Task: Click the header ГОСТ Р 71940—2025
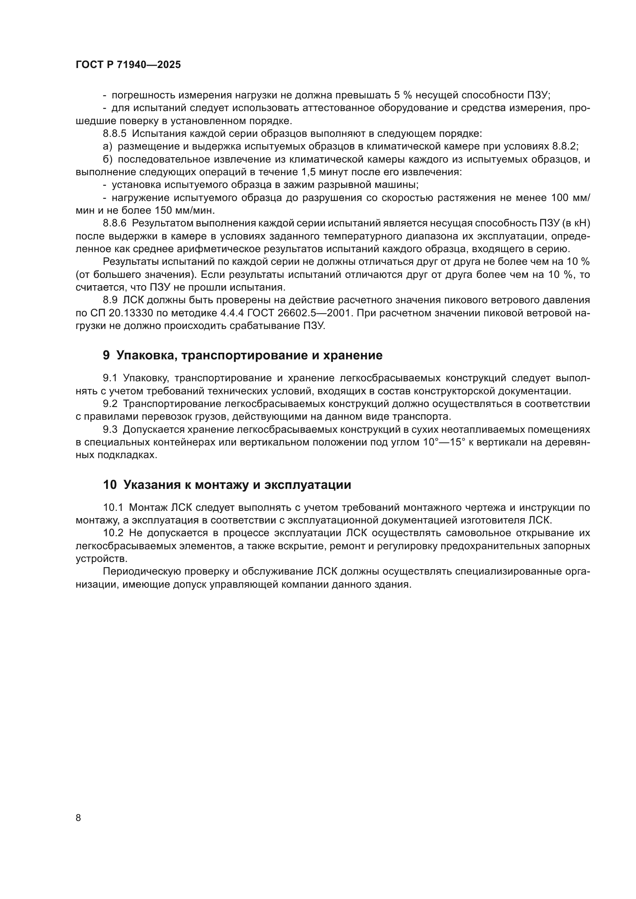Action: pos(128,65)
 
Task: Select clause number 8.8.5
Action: pos(114,133)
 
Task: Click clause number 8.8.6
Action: pos(114,223)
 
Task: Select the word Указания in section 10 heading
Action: pos(148,485)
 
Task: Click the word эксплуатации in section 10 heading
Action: pos(308,485)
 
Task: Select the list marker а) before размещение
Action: pos(107,146)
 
